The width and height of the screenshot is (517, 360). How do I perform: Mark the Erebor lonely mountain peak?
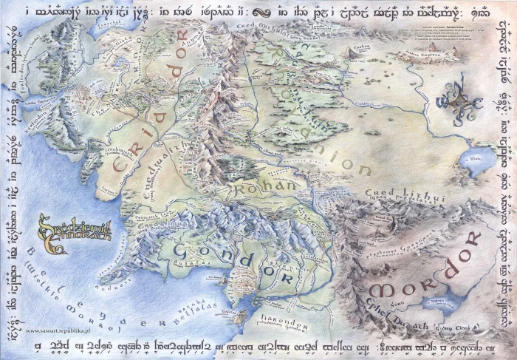pos(348,52)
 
